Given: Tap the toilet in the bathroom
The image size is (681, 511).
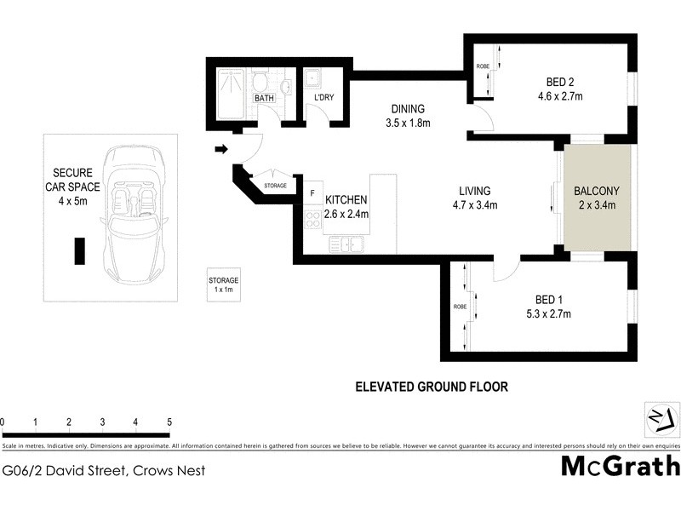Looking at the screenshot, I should (x=260, y=82).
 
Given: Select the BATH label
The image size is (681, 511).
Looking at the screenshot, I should (x=264, y=99).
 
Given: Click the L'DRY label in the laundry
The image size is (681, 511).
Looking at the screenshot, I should (x=323, y=99).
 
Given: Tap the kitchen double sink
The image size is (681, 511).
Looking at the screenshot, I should (x=346, y=244).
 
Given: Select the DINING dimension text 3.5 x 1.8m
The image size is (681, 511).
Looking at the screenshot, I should (x=408, y=123).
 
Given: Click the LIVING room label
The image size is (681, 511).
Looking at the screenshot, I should (x=474, y=191).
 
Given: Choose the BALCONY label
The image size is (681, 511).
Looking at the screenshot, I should (x=595, y=191).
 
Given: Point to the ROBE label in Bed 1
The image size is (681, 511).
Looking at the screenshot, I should (x=459, y=307).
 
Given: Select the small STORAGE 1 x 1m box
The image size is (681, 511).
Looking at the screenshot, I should (x=224, y=284).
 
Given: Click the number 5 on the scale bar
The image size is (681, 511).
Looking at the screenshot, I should (x=169, y=422).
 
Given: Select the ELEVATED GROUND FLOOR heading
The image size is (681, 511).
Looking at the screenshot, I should (x=431, y=387).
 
